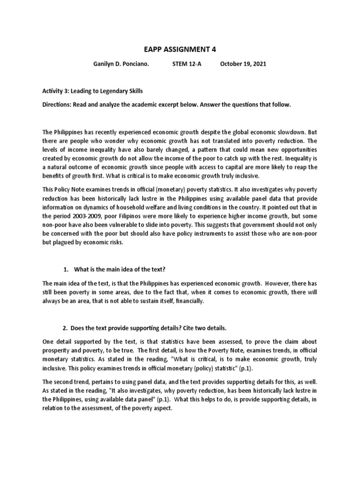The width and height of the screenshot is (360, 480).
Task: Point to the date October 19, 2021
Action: pyautogui.click(x=243, y=64)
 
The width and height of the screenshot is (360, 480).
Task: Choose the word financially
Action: pyautogui.click(x=189, y=301)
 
